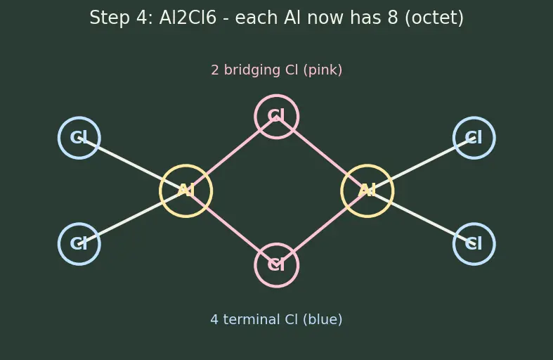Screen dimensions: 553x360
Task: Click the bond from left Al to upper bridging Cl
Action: click(x=231, y=153)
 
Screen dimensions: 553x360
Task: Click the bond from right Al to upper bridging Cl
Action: click(x=322, y=153)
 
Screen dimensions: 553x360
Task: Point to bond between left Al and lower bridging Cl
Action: click(x=231, y=228)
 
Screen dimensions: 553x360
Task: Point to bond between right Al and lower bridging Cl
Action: click(x=322, y=228)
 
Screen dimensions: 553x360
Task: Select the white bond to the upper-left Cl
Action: click(x=132, y=164)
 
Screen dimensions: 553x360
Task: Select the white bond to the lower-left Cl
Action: click(x=132, y=217)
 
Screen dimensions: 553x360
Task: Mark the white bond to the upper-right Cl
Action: click(x=421, y=164)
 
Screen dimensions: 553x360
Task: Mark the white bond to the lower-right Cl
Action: click(x=421, y=217)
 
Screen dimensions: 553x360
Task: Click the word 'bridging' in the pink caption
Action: click(x=252, y=70)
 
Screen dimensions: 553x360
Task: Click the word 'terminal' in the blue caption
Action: click(x=252, y=319)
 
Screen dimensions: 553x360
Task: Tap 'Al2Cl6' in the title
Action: click(x=188, y=18)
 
